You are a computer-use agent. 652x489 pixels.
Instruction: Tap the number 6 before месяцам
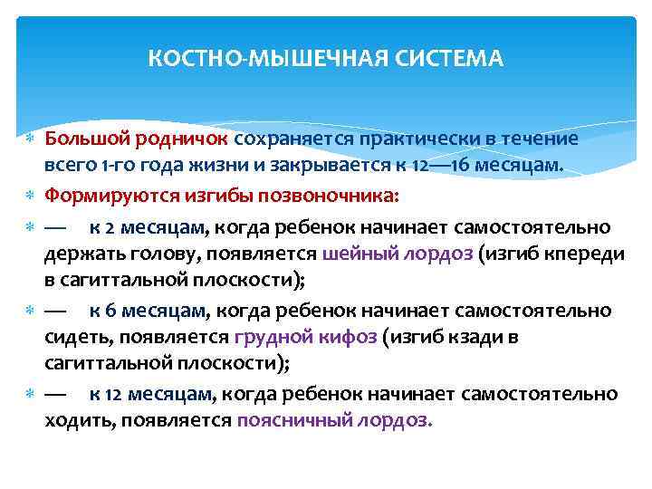point(110,311)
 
